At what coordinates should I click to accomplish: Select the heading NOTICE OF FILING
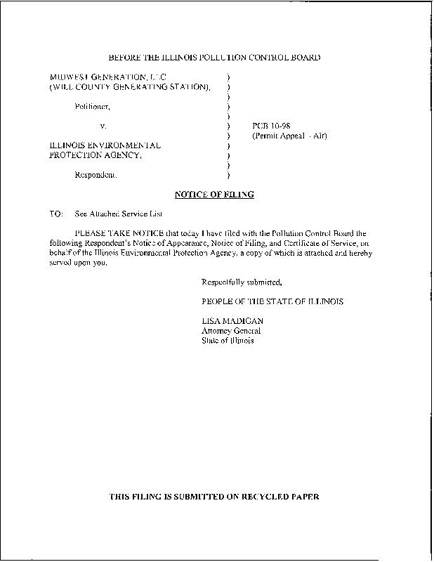coord(213,194)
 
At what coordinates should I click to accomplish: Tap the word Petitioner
coord(93,106)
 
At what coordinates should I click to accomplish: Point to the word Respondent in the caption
coord(96,175)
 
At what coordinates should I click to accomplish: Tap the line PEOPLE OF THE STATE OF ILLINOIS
coord(272,301)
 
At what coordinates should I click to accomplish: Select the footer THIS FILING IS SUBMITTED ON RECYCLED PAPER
coord(215,497)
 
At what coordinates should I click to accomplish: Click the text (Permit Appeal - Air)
coord(289,136)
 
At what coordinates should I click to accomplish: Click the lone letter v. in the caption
coord(103,125)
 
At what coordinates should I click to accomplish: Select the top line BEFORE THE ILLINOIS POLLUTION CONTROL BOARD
coord(215,57)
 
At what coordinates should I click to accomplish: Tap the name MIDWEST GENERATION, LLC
coord(107,76)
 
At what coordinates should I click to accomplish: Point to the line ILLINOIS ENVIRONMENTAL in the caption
coord(105,145)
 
